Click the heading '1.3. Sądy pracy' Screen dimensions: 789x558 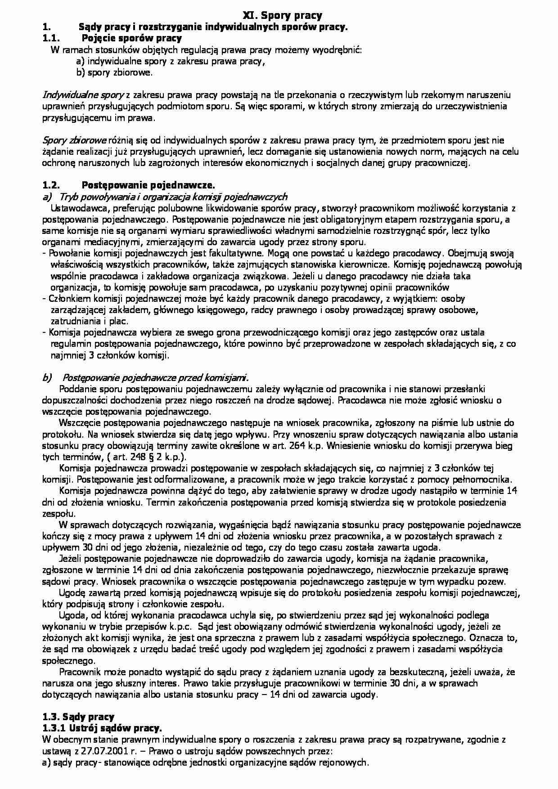click(x=78, y=717)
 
